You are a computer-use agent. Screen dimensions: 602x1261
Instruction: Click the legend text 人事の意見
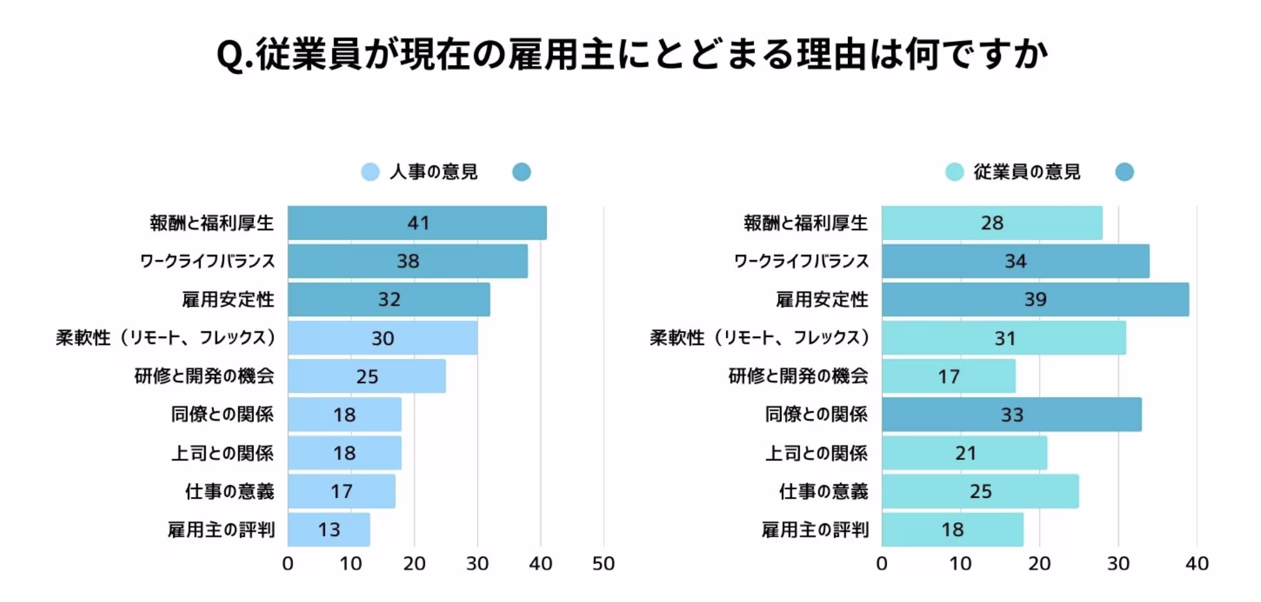[433, 172]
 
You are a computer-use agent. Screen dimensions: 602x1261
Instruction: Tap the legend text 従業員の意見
[1027, 172]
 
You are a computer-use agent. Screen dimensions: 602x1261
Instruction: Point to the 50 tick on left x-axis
[603, 563]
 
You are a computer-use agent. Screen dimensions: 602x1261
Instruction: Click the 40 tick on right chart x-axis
[1196, 563]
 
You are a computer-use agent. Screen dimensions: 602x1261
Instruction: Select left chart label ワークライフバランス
[207, 261]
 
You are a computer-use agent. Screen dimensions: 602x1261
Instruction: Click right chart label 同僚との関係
[816, 414]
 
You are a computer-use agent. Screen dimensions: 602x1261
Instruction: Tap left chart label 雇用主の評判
[221, 529]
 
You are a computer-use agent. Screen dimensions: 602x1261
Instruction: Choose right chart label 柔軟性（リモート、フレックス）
[759, 337]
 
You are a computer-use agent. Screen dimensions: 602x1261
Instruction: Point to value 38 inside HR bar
[407, 261]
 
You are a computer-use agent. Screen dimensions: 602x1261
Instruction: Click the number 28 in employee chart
[992, 222]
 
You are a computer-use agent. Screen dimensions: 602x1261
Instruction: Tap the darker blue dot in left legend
[521, 172]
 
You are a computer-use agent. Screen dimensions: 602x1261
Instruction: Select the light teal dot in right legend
[954, 172]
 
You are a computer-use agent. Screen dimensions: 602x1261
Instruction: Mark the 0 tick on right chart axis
[881, 563]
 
